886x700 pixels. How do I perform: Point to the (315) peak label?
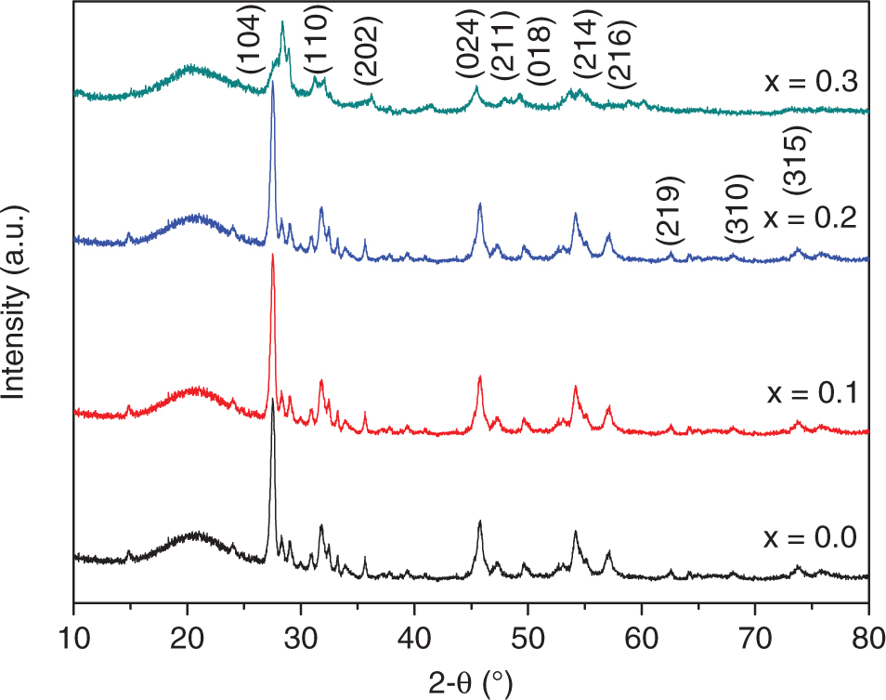798,161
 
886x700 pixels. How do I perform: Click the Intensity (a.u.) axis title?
16,301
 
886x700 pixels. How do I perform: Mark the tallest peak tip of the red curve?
272,256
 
